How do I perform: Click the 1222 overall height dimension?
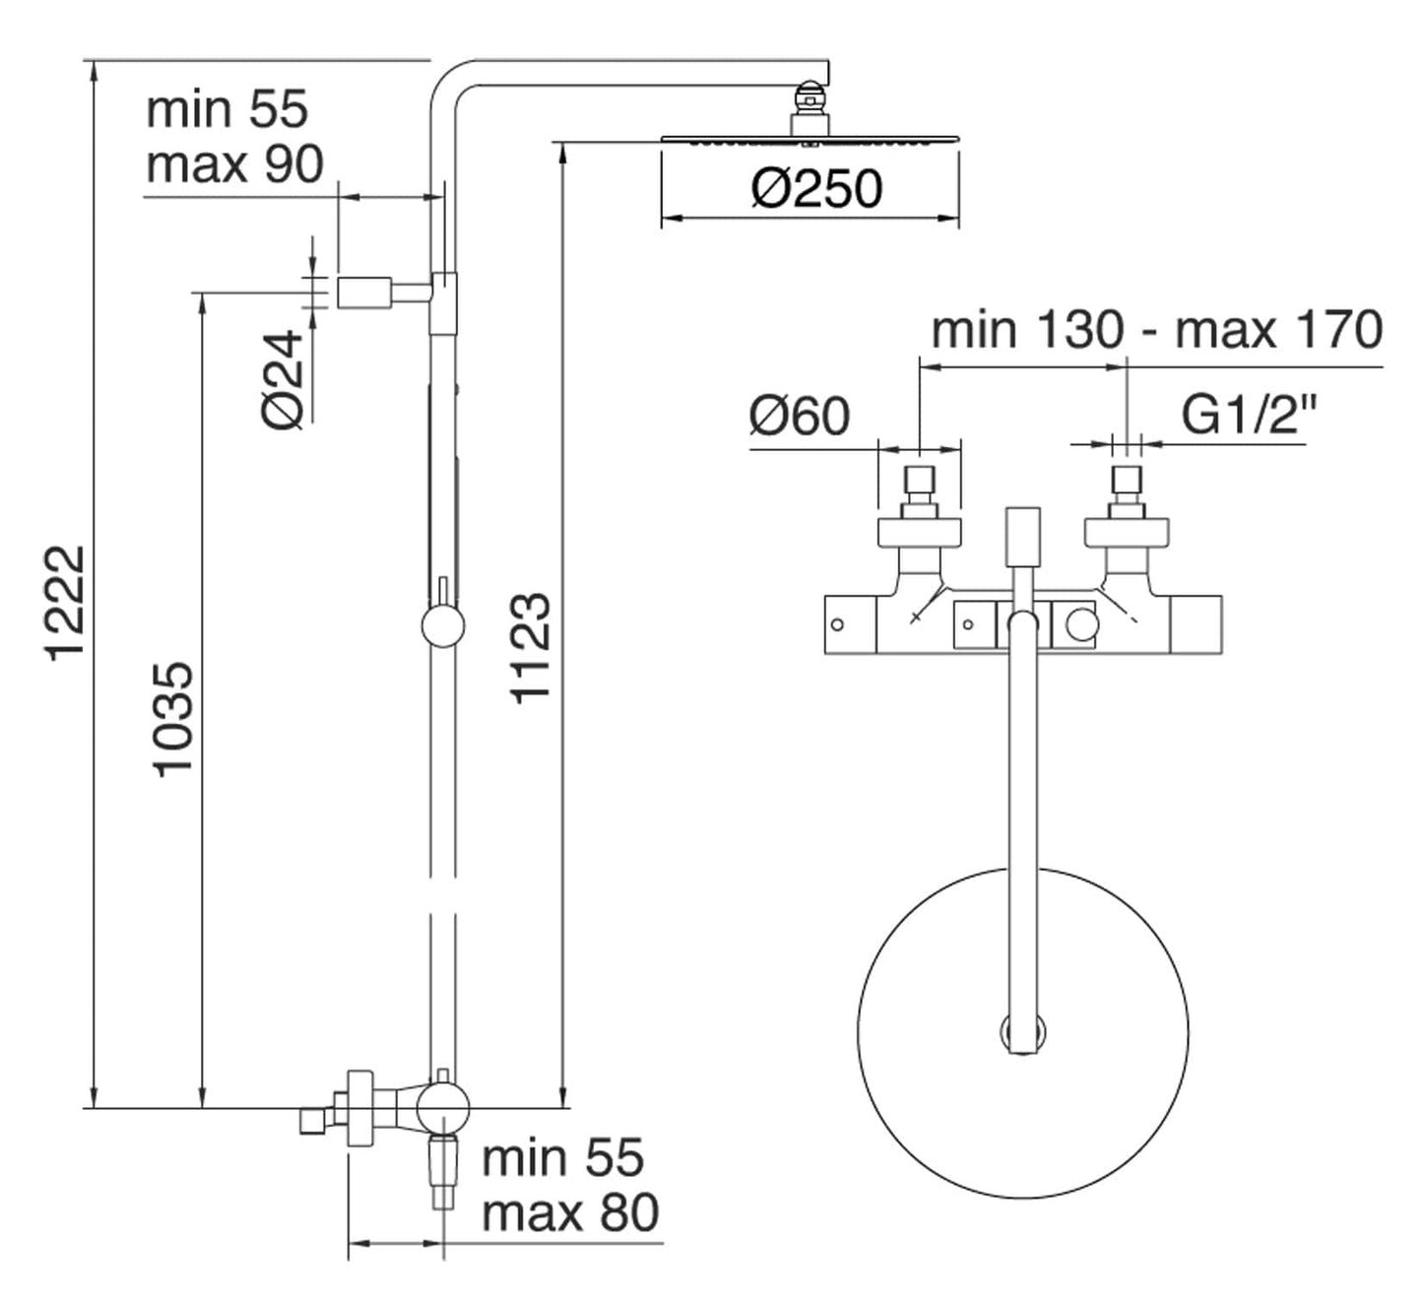pos(67,603)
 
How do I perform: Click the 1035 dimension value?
pos(174,720)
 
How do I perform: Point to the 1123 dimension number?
pos(529,647)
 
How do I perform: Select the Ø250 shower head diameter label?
pos(816,189)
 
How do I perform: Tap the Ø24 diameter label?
pos(285,380)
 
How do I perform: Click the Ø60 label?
pos(799,416)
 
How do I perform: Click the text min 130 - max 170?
pos(1156,329)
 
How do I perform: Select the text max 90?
pos(234,164)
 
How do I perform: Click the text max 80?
pos(569,1212)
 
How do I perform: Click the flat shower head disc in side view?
pos(809,140)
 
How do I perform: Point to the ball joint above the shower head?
pos(809,97)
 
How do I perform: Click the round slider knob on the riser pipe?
pos(442,626)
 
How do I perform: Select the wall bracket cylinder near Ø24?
pos(364,293)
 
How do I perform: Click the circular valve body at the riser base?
pos(442,1106)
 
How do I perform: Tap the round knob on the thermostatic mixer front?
pos(1081,625)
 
